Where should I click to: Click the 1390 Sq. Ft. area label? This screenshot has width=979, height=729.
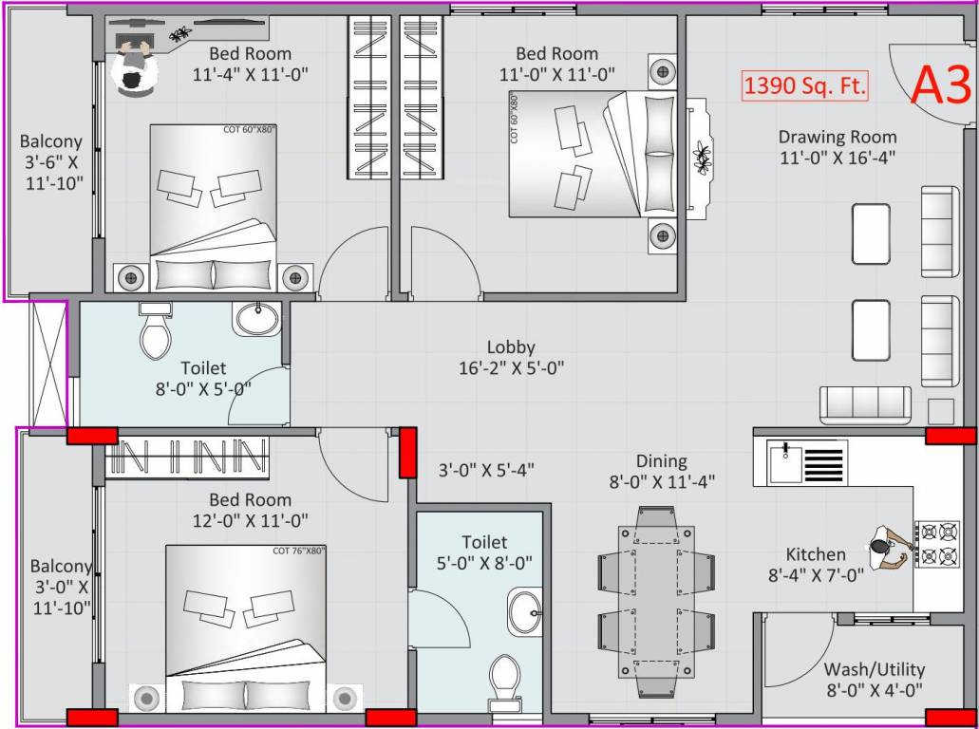coord(805,86)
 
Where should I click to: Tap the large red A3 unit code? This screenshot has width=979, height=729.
coord(940,85)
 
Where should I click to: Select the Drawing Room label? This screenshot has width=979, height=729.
coord(837,137)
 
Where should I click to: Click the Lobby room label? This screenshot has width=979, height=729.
coord(511,347)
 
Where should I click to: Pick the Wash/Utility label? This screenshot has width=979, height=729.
coord(874,669)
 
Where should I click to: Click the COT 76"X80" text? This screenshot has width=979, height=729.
coord(298,551)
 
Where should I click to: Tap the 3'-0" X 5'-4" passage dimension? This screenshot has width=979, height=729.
coord(486,469)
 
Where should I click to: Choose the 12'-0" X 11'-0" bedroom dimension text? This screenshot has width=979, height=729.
coord(251,520)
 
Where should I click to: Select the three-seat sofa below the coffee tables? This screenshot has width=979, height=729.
coord(865,404)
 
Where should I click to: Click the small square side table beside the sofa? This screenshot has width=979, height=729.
coord(940,411)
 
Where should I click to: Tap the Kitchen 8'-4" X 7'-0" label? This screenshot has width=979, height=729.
coord(816,564)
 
